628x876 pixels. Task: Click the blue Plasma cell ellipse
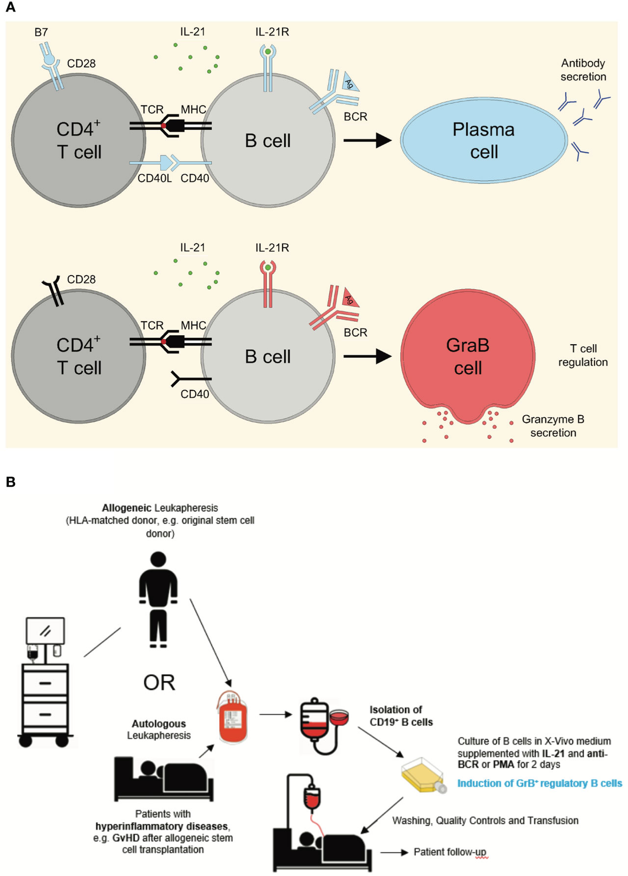(x=484, y=140)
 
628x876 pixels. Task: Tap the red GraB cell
(x=468, y=356)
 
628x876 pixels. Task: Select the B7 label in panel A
(x=41, y=32)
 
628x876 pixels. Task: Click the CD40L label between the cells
(x=154, y=178)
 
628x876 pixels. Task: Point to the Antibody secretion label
(x=583, y=70)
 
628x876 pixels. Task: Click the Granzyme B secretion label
(x=553, y=426)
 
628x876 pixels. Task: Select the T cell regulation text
(x=583, y=355)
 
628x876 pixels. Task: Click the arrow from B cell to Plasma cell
(x=367, y=140)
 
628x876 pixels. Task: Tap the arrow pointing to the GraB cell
(x=367, y=356)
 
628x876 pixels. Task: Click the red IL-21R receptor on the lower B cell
(x=268, y=285)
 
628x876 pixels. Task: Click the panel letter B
(x=10, y=482)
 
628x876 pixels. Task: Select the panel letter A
(x=10, y=7)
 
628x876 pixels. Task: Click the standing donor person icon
(x=158, y=599)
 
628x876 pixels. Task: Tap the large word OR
(x=159, y=682)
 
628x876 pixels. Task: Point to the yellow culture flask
(x=422, y=775)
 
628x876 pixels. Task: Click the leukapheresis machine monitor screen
(x=46, y=631)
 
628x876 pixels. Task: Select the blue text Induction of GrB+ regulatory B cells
(x=540, y=783)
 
